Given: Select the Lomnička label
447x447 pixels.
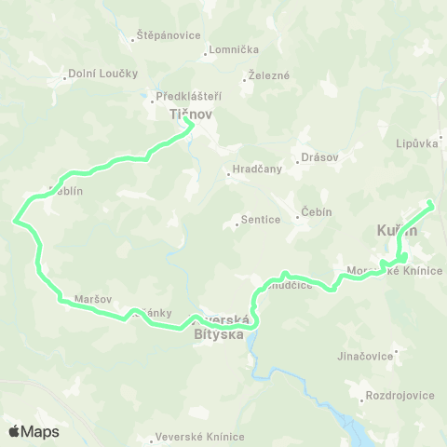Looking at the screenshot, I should [x=227, y=50].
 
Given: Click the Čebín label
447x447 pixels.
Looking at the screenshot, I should [x=316, y=211].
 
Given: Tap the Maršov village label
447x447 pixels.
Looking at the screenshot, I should [x=92, y=300].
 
